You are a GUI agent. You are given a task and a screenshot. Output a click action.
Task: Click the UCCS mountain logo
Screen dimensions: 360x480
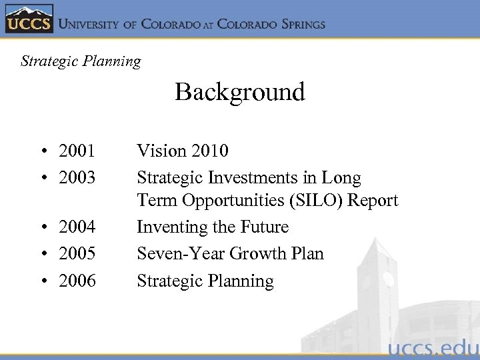29,19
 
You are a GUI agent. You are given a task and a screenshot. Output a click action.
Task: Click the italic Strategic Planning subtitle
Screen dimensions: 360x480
81,61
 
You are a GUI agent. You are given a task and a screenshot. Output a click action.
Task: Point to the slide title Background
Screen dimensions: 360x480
239,91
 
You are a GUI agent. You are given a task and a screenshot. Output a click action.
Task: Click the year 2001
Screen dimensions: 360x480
77,151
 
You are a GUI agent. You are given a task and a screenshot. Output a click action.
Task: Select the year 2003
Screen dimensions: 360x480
77,178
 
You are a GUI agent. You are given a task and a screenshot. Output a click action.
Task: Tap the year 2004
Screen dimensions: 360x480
77,227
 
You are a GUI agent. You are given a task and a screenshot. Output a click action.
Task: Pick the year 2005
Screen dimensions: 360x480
77,254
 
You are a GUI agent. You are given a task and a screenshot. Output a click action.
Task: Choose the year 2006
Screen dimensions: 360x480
77,281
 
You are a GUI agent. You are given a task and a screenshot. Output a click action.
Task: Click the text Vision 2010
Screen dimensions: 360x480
183,151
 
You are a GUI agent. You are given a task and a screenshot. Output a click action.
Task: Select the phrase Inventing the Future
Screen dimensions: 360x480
213,227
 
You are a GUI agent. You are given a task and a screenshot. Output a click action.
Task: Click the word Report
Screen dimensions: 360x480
375,201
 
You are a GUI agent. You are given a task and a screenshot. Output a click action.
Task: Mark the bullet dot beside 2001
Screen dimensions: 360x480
43,152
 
